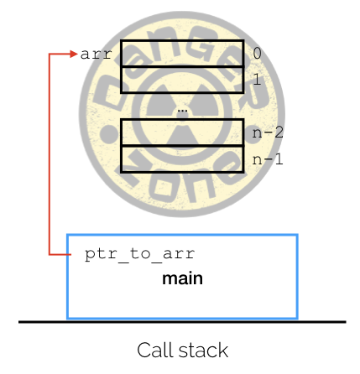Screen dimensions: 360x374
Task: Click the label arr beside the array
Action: [x=96, y=55]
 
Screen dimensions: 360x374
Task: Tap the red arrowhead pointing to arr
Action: [x=74, y=54]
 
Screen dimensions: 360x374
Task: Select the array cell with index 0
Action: [x=182, y=54]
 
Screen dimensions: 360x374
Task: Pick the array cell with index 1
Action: [x=182, y=80]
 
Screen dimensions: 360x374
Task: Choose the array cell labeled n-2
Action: [x=182, y=132]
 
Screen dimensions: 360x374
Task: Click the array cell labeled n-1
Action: [x=182, y=159]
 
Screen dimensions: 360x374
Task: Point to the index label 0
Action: [x=257, y=53]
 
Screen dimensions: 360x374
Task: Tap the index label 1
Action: [x=257, y=80]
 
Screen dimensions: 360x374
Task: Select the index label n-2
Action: [x=268, y=132]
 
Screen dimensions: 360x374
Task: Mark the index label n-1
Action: [x=268, y=159]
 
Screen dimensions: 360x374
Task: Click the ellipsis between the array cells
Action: [x=182, y=111]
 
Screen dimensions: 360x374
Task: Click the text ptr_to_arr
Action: [x=139, y=254]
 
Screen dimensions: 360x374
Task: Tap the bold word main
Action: [x=182, y=278]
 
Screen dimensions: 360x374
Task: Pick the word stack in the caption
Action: [x=203, y=351]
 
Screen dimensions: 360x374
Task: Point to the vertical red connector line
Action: [x=50, y=154]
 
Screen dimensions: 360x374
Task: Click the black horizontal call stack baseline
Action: [x=182, y=322]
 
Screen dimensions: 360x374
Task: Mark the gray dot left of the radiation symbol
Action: [x=107, y=134]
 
